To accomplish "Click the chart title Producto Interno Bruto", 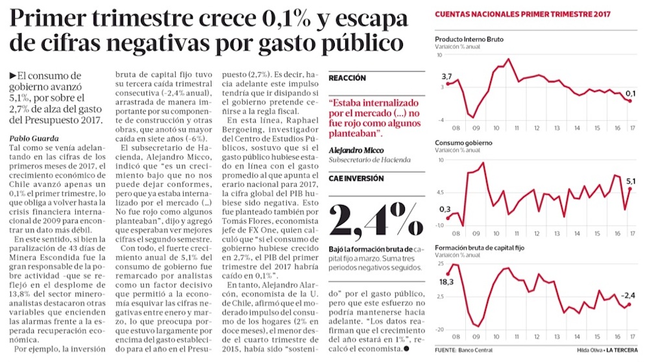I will (469, 40).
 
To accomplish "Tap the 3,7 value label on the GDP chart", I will (447, 76).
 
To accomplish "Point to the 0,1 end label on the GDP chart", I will (630, 93).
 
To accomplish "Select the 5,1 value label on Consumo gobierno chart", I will (630, 180).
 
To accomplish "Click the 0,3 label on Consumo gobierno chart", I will (445, 208).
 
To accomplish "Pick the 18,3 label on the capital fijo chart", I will (446, 282).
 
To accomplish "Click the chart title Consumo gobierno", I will (463, 143).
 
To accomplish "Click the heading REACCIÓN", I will (347, 78).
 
